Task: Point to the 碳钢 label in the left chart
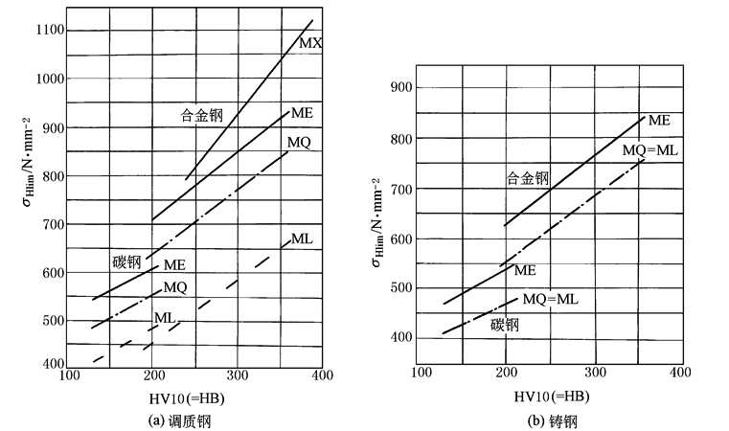pos(126,261)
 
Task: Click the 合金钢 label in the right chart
pos(529,177)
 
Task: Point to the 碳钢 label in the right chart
pos(509,324)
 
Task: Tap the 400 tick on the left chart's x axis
pos(322,375)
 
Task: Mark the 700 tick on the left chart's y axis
pos(54,224)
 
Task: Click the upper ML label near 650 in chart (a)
pos(303,238)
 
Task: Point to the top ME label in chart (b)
pos(658,121)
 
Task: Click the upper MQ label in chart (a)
pos(299,142)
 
